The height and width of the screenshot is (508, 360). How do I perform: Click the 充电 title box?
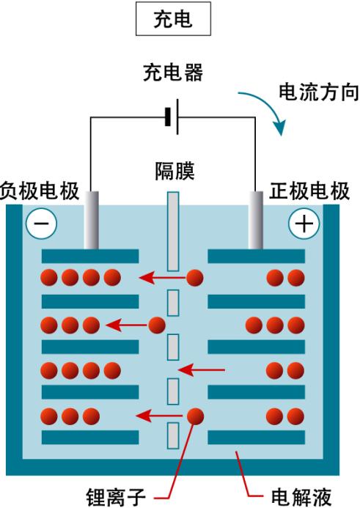point(173,18)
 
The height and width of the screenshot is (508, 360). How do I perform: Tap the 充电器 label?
point(173,73)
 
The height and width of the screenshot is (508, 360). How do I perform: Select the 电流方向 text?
point(319,92)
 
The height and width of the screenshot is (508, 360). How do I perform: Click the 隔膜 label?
point(175,171)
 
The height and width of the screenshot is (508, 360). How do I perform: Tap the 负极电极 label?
point(40,191)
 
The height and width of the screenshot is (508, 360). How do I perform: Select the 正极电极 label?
point(309,191)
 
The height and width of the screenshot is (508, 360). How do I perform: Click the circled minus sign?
point(42,224)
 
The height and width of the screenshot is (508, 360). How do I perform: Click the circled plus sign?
point(304,224)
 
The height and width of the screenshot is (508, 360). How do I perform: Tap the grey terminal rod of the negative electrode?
point(92,221)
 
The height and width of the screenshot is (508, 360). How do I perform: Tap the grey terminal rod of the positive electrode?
point(256,221)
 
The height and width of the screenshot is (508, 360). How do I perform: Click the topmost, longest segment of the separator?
point(173,232)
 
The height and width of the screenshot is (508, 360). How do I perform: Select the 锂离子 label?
point(116,497)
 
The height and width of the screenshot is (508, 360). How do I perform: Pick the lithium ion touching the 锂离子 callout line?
point(195,416)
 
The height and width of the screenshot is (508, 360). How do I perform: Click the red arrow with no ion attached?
point(202,369)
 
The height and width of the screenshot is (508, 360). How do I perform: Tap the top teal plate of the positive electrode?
point(257,257)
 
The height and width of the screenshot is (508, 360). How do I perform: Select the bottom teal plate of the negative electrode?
point(90,438)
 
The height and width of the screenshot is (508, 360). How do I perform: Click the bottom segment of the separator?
point(173,435)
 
